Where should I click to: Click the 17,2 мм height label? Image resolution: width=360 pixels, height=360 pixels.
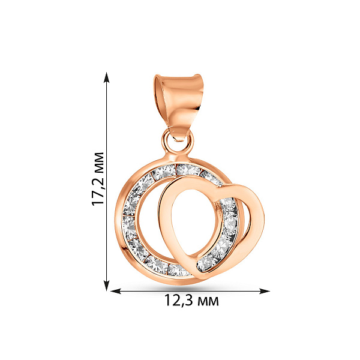(x=98, y=179)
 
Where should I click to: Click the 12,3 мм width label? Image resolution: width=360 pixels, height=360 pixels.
(x=191, y=300)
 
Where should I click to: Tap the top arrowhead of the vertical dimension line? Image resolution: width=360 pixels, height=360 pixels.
(x=106, y=77)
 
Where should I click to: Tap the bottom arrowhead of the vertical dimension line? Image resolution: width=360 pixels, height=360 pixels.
(x=106, y=286)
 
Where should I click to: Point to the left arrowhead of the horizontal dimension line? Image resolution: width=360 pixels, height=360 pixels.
(x=116, y=291)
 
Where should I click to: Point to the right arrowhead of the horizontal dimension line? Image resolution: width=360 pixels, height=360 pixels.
(x=264, y=291)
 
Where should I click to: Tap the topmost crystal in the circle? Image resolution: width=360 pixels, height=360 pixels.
(x=188, y=169)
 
